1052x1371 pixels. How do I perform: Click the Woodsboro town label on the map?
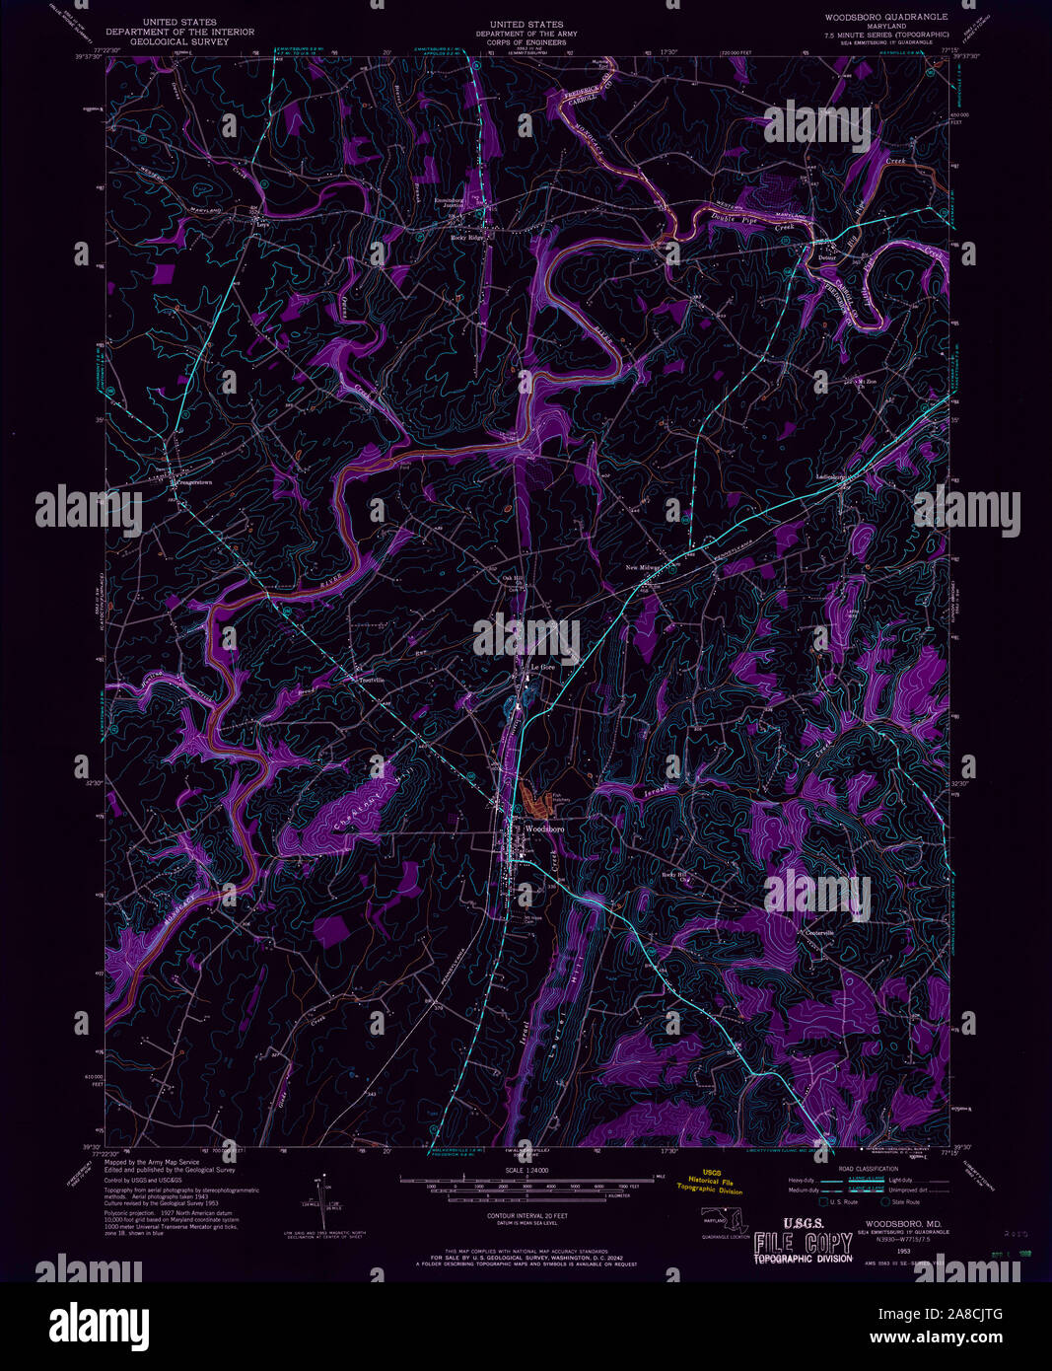click(x=544, y=830)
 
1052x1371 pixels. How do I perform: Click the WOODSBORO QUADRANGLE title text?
click(x=886, y=17)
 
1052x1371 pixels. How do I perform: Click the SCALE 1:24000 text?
click(x=526, y=1170)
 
